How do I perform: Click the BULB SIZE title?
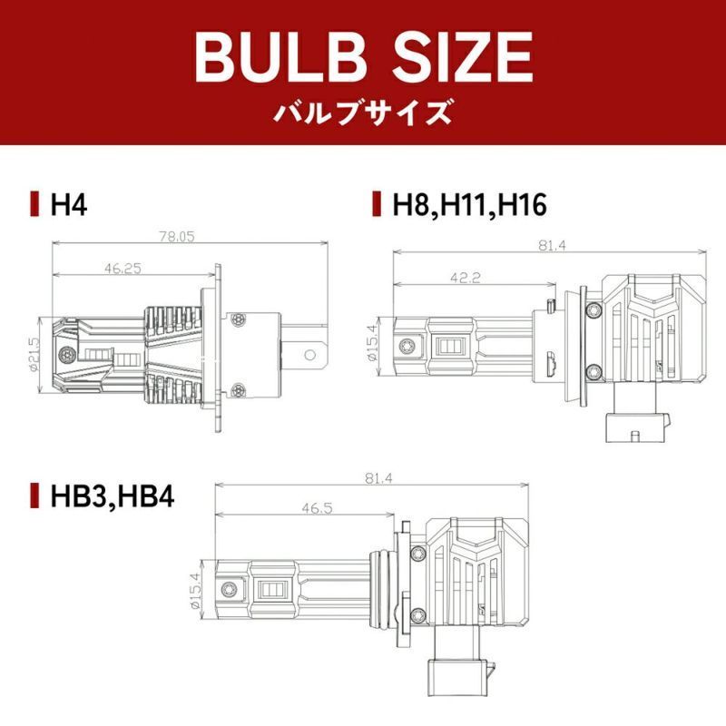364,57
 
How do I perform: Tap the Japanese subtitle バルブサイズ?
362,113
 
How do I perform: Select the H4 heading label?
69,204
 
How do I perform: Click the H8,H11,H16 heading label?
469,204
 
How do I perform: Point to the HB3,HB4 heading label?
113,495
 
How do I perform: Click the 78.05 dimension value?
177,237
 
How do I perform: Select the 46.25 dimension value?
123,268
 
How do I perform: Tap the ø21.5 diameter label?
35,354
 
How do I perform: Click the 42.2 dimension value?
466,278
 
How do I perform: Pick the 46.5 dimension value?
318,508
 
